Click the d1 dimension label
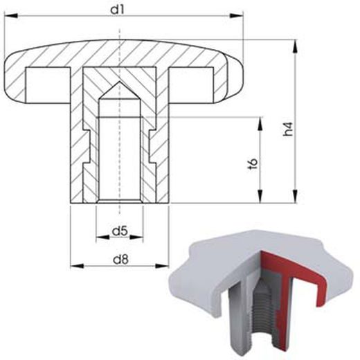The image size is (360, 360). (122, 9)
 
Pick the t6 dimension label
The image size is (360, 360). (253, 164)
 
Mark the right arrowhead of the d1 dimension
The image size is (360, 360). (242, 21)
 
